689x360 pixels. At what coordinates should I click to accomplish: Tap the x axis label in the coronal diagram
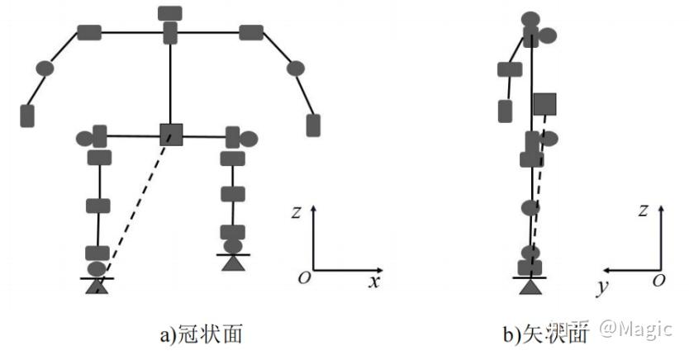pos(373,282)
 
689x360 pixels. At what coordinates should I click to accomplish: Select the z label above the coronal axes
pos(295,212)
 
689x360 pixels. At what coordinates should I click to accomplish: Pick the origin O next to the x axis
pos(304,277)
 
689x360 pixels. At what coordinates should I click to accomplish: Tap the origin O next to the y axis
pos(658,281)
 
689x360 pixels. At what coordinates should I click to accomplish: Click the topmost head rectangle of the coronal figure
pos(169,13)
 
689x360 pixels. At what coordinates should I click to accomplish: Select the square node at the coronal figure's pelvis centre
pos(170,134)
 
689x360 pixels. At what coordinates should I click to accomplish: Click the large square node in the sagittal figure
pos(544,103)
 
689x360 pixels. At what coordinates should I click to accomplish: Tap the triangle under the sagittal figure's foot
pos(530,286)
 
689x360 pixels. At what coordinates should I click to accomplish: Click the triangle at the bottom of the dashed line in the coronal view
pos(97,286)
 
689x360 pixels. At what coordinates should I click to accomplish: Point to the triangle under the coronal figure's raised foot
pos(234,263)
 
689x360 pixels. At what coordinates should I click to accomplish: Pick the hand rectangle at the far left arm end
pos(27,116)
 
